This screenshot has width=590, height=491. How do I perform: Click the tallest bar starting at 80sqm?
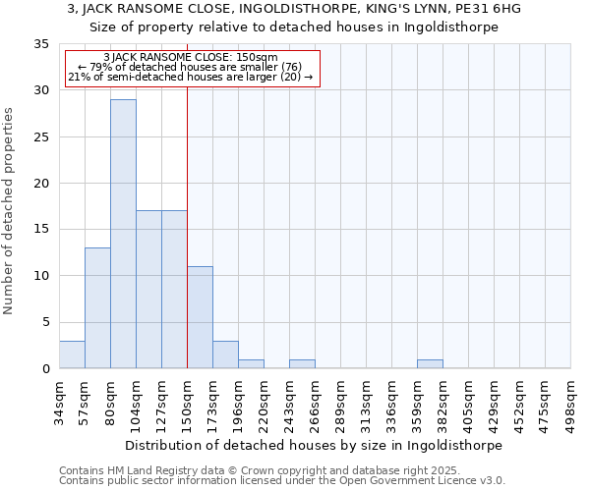123,234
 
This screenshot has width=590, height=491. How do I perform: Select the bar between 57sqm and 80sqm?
97,307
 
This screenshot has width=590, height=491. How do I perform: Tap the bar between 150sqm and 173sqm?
200,317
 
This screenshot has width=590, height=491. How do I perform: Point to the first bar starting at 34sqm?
72,355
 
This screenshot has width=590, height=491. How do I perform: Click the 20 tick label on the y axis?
42,184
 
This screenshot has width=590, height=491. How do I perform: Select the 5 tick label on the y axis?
45,322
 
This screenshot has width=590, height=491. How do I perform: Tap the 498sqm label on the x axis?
570,403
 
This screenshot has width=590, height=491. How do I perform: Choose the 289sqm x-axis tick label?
340,403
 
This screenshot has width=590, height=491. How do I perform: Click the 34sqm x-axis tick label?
59,403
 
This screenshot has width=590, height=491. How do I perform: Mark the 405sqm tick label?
468,403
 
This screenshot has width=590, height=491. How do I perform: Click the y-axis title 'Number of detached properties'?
10,210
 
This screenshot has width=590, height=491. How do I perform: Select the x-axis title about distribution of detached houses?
315,445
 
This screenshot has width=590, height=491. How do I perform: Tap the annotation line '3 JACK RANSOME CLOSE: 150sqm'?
191,58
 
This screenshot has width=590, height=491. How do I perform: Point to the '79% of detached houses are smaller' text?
191,67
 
